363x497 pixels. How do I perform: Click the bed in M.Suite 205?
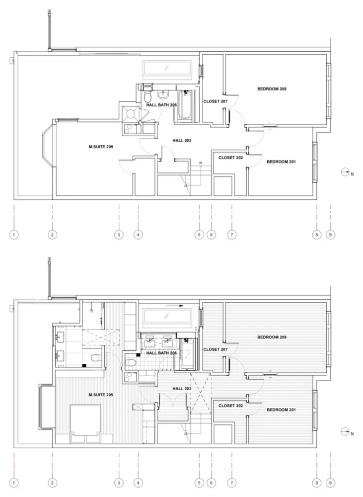(x=85, y=419)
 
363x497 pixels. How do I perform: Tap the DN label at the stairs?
(x=201, y=163)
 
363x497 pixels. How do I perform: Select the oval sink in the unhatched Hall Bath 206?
(x=163, y=94)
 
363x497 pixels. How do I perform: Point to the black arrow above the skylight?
(x=174, y=306)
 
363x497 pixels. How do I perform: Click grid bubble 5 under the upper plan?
(x=199, y=235)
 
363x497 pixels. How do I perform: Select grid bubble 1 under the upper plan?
(x=14, y=235)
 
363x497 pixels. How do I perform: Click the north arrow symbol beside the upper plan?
(x=345, y=172)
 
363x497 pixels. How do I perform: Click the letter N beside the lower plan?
(x=352, y=434)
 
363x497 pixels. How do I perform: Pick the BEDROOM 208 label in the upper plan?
(x=272, y=89)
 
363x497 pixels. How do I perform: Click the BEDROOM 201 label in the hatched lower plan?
(x=281, y=410)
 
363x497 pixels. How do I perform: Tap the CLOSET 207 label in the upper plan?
(x=216, y=101)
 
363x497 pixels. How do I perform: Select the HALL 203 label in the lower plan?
(x=182, y=389)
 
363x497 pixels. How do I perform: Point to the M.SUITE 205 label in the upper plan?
(x=101, y=147)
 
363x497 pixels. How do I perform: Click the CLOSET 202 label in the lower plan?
(x=230, y=406)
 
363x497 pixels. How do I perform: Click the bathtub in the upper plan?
(x=185, y=104)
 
